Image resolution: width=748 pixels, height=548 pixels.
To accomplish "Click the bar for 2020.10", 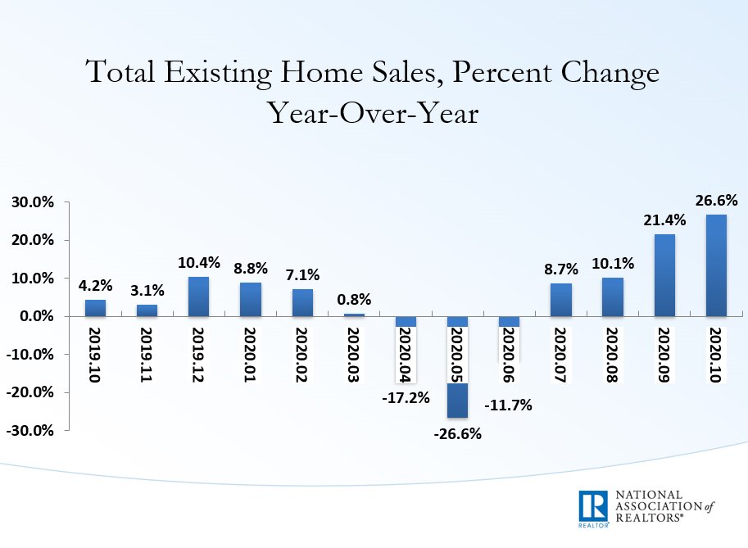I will tap(716, 265).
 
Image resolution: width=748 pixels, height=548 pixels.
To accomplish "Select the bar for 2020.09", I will tap(664, 275).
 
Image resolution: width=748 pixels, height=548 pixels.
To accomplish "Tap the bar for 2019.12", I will tap(199, 297).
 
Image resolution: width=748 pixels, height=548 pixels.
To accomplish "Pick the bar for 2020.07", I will tap(561, 300).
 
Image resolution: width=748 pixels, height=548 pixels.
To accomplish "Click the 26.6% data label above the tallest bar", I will tap(717, 200).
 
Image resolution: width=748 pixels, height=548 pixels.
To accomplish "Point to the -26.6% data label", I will tap(457, 433).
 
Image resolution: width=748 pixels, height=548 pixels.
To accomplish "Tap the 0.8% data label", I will tap(354, 299).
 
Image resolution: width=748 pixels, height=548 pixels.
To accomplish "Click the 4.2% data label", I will tap(96, 286).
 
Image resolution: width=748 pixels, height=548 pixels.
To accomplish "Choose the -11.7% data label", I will tap(509, 404).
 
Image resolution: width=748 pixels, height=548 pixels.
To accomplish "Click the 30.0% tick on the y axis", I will tap(32, 202).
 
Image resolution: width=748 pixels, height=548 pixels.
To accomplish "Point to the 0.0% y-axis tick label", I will tap(35, 316).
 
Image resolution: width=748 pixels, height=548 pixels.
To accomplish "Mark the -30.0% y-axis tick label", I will tap(30, 430).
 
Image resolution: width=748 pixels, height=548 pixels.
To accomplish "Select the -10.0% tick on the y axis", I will tap(30, 355).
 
